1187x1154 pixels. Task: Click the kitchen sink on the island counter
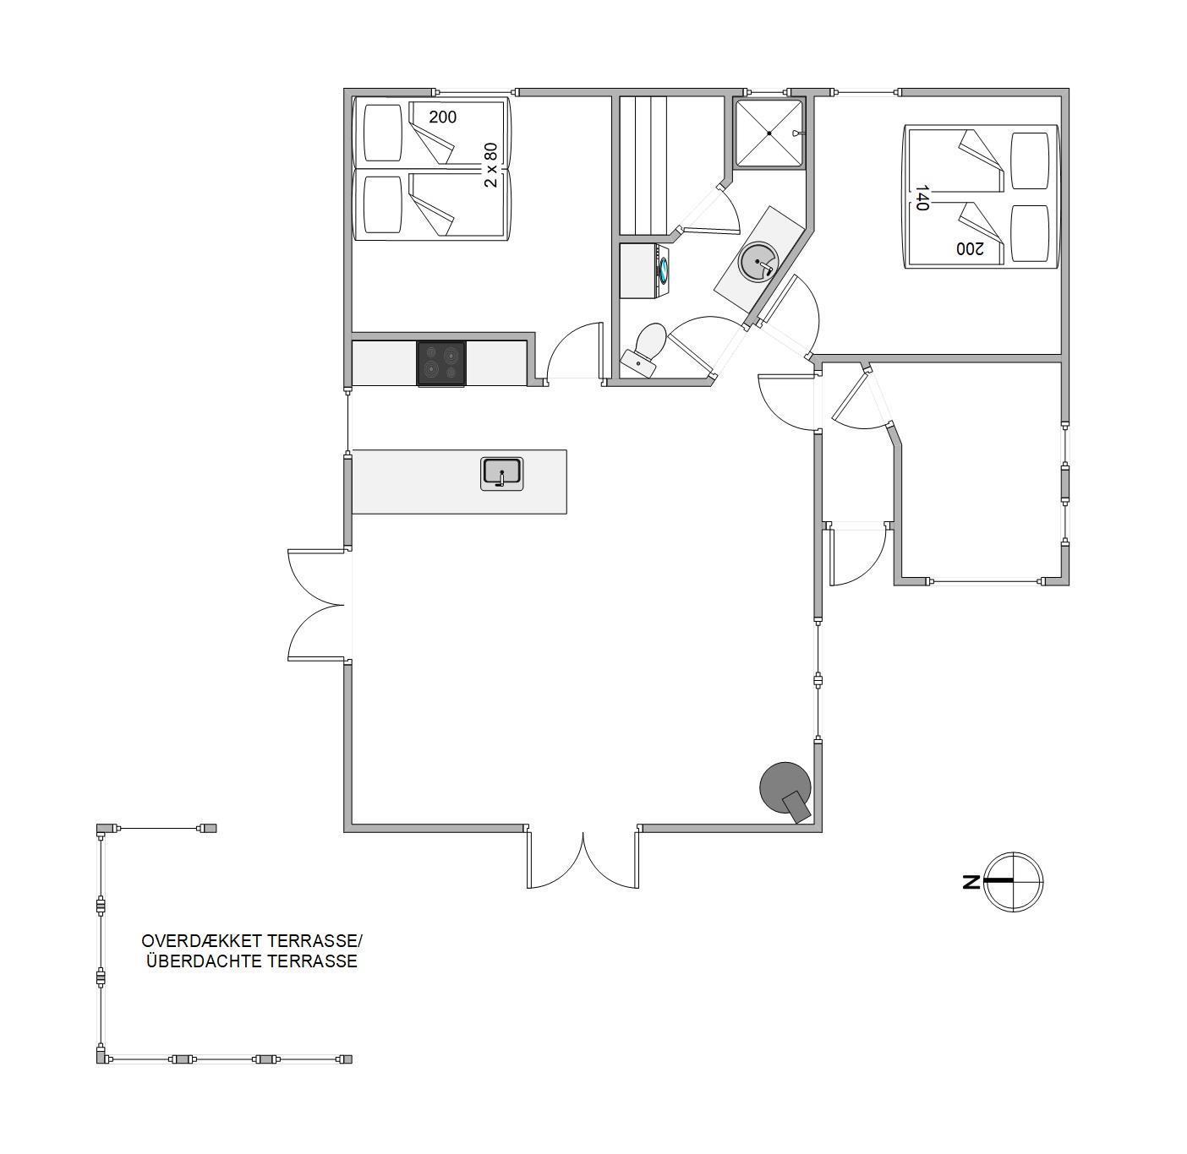[501, 474]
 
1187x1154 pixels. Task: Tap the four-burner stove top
[441, 363]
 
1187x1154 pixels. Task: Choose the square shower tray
[769, 133]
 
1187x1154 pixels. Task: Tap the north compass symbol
[1013, 881]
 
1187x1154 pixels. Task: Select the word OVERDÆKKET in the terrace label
[202, 940]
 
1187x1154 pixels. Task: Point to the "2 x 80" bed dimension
[490, 165]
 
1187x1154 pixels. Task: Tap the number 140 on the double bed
[922, 197]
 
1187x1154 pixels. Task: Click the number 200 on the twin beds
[442, 117]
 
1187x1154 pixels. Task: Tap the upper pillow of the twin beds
[383, 133]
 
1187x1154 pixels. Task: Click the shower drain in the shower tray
[769, 133]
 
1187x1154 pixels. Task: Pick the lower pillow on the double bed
[1031, 233]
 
